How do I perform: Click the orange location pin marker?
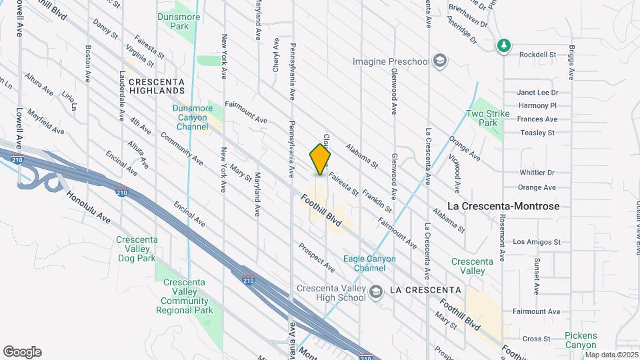(321, 159)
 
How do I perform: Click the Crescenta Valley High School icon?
(376, 291)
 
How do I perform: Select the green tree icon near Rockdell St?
(505, 45)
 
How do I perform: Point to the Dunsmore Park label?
(173, 21)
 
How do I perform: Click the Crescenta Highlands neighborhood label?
(157, 85)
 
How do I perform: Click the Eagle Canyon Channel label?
(369, 263)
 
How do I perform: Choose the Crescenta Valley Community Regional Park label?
(187, 296)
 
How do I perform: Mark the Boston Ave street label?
(88, 64)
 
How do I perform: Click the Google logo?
(22, 352)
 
